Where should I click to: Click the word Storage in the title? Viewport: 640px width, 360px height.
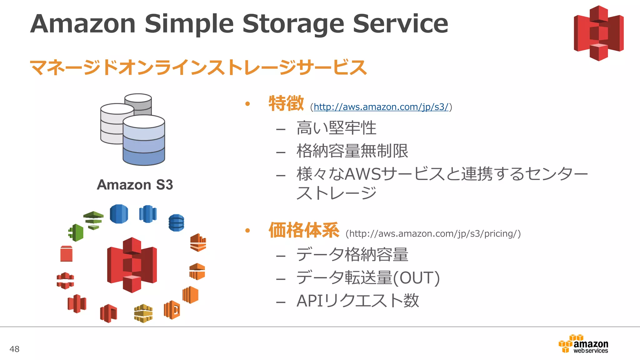pos(293,24)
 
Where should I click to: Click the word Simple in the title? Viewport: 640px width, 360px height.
pos(189,24)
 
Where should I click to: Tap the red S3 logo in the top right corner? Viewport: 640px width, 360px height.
pos(598,33)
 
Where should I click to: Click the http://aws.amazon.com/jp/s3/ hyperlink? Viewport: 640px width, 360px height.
pos(381,107)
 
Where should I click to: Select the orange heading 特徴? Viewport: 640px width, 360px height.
pos(286,103)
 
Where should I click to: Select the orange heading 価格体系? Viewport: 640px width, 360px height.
pos(304,230)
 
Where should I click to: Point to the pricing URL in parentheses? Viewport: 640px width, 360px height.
pos(433,234)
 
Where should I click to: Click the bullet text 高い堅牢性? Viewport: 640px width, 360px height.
pos(336,128)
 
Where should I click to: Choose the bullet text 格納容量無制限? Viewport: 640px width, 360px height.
pos(352,151)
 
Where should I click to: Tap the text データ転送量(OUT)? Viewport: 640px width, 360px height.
pos(368,278)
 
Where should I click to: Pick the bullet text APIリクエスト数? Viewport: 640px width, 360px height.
pos(357,301)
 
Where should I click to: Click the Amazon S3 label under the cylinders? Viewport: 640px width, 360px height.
pos(135,185)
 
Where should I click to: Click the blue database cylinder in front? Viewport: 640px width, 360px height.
pos(144,141)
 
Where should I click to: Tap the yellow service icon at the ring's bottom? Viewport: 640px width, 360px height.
pos(143,313)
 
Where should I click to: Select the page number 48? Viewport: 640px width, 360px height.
pos(14,349)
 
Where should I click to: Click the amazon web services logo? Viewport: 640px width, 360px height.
pos(583,344)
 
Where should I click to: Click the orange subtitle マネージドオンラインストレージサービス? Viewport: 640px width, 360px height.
pos(198,67)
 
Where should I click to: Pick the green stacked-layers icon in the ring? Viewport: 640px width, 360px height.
pos(93,220)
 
